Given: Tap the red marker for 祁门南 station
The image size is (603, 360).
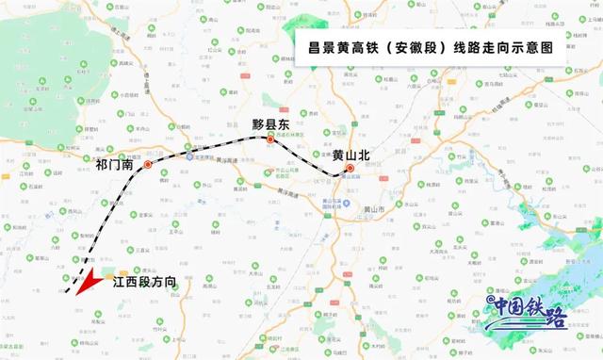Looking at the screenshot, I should pyautogui.click(x=148, y=165).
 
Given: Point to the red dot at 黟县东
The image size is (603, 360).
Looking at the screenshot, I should pyautogui.click(x=270, y=140).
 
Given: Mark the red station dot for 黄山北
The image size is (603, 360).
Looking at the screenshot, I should pyautogui.click(x=350, y=169).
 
